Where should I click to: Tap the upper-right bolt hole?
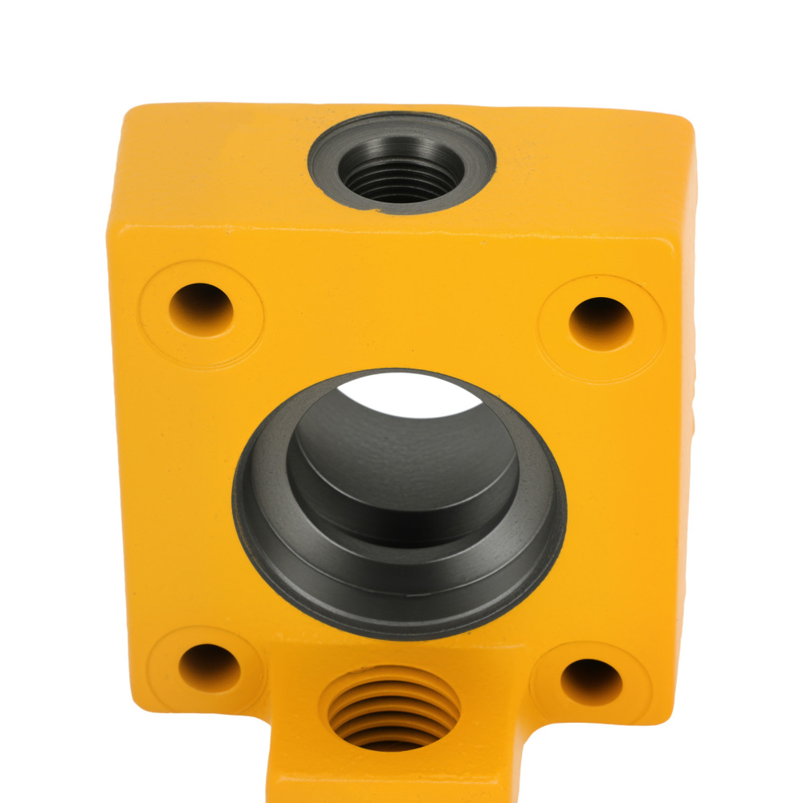[x=601, y=323]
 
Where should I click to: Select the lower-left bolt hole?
[x=209, y=668]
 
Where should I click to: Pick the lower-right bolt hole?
[x=591, y=682]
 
